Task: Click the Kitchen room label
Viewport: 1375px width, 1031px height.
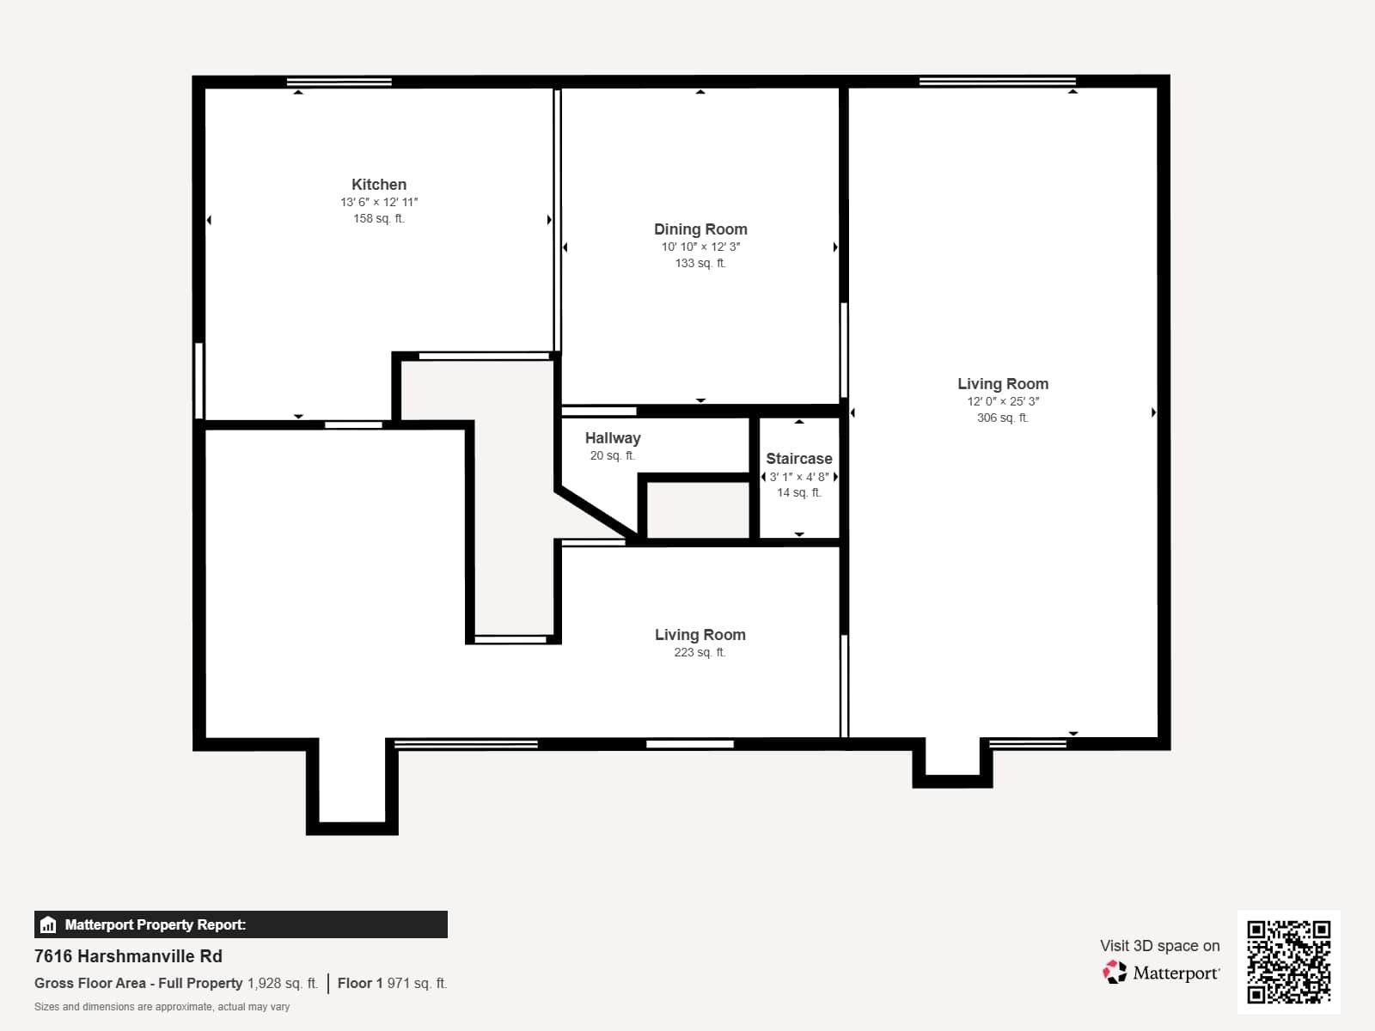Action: (379, 185)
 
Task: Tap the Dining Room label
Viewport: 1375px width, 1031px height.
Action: (700, 229)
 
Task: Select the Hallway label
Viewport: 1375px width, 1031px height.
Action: (613, 438)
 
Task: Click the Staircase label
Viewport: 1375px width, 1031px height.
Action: (798, 459)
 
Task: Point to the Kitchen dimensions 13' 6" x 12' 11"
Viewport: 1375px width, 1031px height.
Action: (379, 202)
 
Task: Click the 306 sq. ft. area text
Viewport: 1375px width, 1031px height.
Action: (1002, 418)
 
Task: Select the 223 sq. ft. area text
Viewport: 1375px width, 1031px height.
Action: (700, 652)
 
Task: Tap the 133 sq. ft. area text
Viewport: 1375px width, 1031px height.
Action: (700, 263)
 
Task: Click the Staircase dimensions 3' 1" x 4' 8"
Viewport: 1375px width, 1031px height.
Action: (798, 477)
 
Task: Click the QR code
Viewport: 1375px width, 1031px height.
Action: (1288, 961)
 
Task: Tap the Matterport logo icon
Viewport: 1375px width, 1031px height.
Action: (1115, 973)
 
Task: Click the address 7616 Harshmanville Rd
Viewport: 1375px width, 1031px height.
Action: (128, 956)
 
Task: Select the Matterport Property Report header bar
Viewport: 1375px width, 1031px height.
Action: (241, 924)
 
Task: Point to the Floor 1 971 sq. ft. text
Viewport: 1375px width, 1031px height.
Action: (392, 983)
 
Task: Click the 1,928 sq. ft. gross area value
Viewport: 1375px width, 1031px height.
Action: (283, 983)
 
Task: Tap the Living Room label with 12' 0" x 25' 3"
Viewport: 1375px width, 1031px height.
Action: (1003, 384)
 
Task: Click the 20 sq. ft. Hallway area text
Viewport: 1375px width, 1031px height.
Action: (612, 455)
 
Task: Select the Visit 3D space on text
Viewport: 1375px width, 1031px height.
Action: (1159, 946)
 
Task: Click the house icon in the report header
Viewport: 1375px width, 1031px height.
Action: (48, 924)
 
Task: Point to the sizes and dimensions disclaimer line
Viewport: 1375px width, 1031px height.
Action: (162, 1007)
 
